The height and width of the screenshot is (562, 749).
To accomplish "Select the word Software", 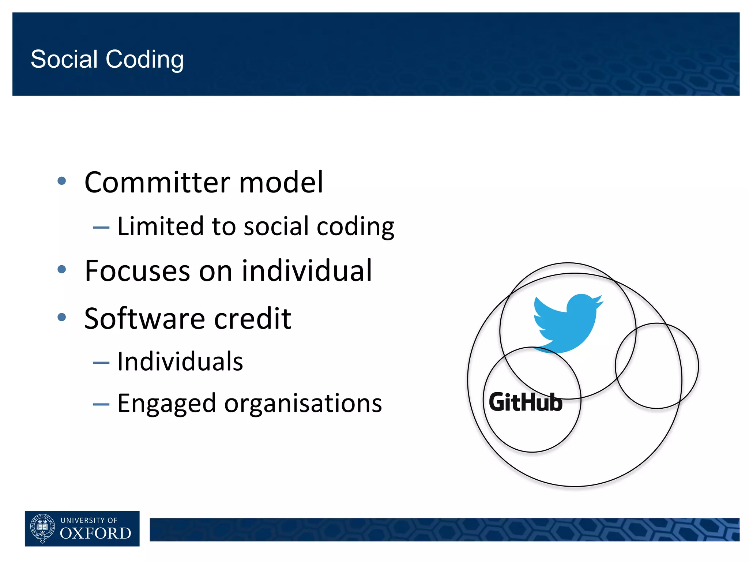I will tap(144, 318).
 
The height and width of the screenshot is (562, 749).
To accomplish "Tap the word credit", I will tap(252, 318).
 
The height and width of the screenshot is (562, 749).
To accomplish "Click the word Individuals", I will tap(180, 361).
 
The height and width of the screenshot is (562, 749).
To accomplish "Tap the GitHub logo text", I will tap(525, 402).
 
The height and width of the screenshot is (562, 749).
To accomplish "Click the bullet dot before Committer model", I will tap(62, 181).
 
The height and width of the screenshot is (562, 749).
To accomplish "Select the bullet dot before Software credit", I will tap(62, 317).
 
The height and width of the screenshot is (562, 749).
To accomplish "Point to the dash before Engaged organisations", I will tap(101, 404).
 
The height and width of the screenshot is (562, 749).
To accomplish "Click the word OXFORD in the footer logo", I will tap(95, 533).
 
